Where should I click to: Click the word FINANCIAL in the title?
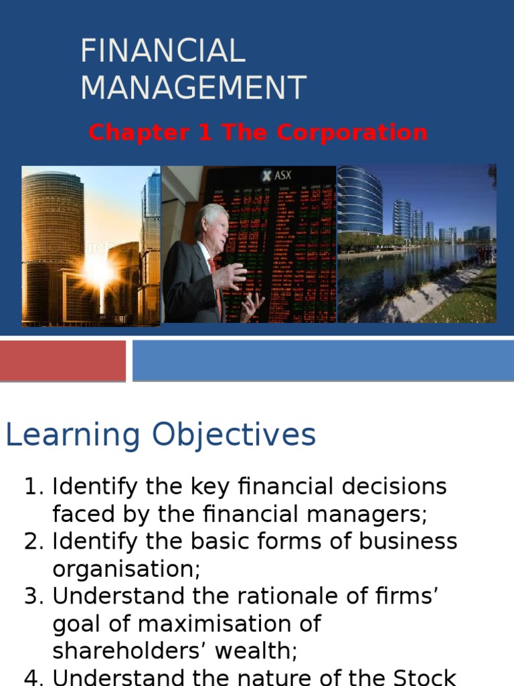[x=163, y=52]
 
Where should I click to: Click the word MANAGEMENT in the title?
[x=193, y=88]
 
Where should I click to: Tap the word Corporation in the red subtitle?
[x=352, y=133]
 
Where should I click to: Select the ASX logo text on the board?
[x=278, y=176]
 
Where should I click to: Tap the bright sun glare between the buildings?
[x=98, y=271]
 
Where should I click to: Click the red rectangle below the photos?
[x=62, y=360]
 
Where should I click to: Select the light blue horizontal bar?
[x=323, y=360]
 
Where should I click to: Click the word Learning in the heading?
[x=72, y=435]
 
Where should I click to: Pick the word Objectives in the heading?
[x=234, y=435]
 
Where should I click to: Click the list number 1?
[x=33, y=486]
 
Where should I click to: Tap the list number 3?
[x=33, y=596]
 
